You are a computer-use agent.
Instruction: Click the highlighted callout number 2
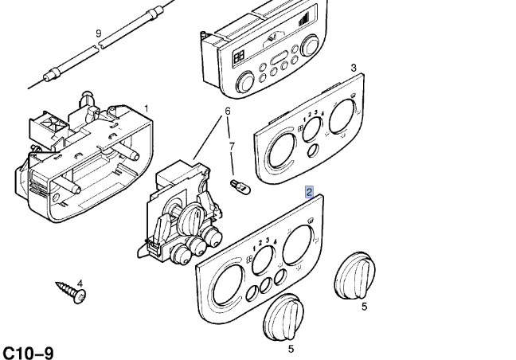tap(309, 192)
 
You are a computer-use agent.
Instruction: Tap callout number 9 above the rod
tap(99, 33)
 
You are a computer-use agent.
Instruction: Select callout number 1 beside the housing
tap(146, 108)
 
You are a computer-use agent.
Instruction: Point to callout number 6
tap(227, 111)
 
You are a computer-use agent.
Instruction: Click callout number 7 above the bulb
tap(232, 147)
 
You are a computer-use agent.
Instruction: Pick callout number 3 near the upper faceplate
tap(353, 68)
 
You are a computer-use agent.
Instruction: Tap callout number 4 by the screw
tap(80, 284)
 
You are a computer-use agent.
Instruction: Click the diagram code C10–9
tap(28, 351)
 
